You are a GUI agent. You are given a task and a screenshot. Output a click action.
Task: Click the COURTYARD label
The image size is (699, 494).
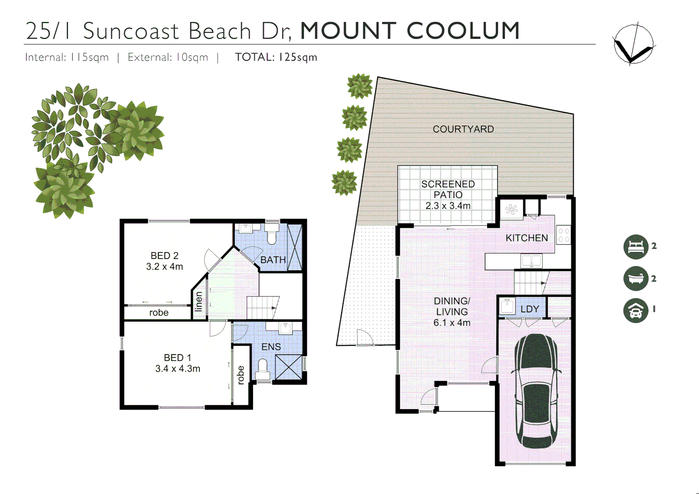pos(463,129)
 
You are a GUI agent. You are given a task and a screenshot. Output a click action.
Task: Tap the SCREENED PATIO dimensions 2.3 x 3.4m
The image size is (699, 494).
pos(448,206)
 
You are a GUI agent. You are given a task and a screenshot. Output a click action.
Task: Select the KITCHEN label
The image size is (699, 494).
pos(527,238)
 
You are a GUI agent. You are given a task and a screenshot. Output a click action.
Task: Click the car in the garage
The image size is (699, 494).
pos(536,391)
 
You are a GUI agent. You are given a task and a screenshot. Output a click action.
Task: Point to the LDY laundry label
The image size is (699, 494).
pos(530,309)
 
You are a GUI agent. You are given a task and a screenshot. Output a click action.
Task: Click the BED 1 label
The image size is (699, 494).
pos(177,358)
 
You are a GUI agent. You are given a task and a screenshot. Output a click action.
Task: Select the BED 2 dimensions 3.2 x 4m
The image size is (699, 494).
pos(164,267)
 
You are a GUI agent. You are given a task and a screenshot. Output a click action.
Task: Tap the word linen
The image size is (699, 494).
pos(199,302)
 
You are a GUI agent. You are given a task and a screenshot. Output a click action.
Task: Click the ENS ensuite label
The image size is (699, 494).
pos(271,347)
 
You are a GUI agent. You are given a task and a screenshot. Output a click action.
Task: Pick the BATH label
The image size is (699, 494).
pos(273,260)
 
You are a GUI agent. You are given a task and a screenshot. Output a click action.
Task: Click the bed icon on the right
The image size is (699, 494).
pos(636,247)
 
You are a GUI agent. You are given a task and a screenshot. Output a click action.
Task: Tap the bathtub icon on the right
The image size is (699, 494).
pos(636,279)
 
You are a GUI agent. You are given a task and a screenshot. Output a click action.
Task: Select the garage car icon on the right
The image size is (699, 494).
pos(636,311)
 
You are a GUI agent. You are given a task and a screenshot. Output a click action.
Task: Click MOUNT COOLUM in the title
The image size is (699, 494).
pos(410,31)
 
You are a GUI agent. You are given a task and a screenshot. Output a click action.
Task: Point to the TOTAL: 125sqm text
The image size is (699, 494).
pos(276,57)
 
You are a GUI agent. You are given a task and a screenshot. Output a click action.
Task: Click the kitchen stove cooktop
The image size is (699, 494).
pos(563,235)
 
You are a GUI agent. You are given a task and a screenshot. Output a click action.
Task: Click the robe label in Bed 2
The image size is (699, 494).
pos(159,313)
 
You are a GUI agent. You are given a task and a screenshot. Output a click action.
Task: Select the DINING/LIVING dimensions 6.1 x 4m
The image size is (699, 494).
pos(452,323)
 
